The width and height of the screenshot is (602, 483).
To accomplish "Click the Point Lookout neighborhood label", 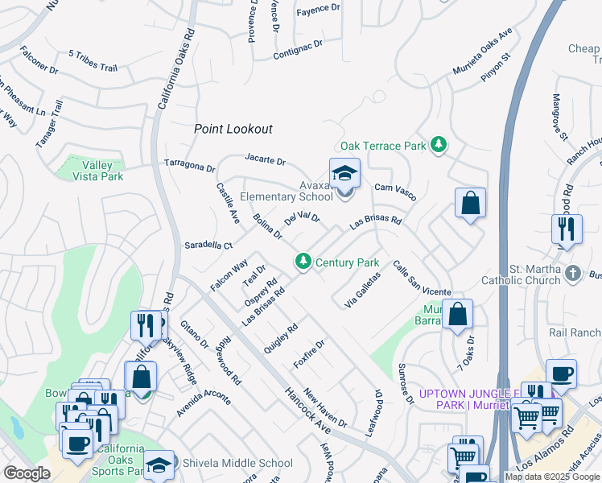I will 233,129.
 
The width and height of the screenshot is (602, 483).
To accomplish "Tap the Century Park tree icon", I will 303,261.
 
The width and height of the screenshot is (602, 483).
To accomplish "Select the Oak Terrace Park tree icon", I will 438,145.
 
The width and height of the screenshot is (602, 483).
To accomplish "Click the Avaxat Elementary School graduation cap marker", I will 344,174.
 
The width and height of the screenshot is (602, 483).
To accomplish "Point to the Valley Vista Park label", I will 95,171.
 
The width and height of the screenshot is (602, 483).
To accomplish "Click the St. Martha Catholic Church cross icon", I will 572,273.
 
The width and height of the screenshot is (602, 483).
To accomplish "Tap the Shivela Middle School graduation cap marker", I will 159,465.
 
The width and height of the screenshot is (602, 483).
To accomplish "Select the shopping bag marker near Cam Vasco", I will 470,204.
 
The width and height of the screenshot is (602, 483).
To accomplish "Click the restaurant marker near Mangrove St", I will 567,229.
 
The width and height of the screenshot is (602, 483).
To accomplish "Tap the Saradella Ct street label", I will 208,245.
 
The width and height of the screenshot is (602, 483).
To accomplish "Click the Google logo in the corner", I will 27,473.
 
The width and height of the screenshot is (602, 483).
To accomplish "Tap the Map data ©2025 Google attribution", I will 552,477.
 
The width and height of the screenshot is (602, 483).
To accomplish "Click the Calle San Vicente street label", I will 422,278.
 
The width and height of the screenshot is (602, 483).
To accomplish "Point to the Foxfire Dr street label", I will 309,353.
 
